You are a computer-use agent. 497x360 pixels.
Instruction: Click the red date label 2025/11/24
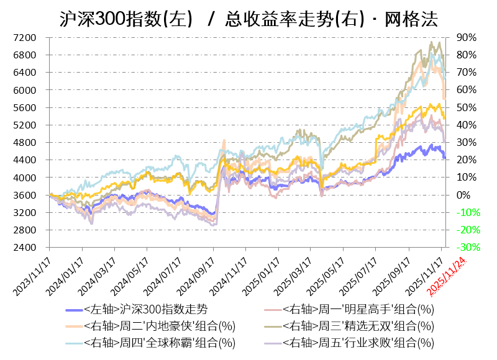click(x=449, y=273)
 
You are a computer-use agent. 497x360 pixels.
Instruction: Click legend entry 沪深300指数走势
click(x=145, y=309)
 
